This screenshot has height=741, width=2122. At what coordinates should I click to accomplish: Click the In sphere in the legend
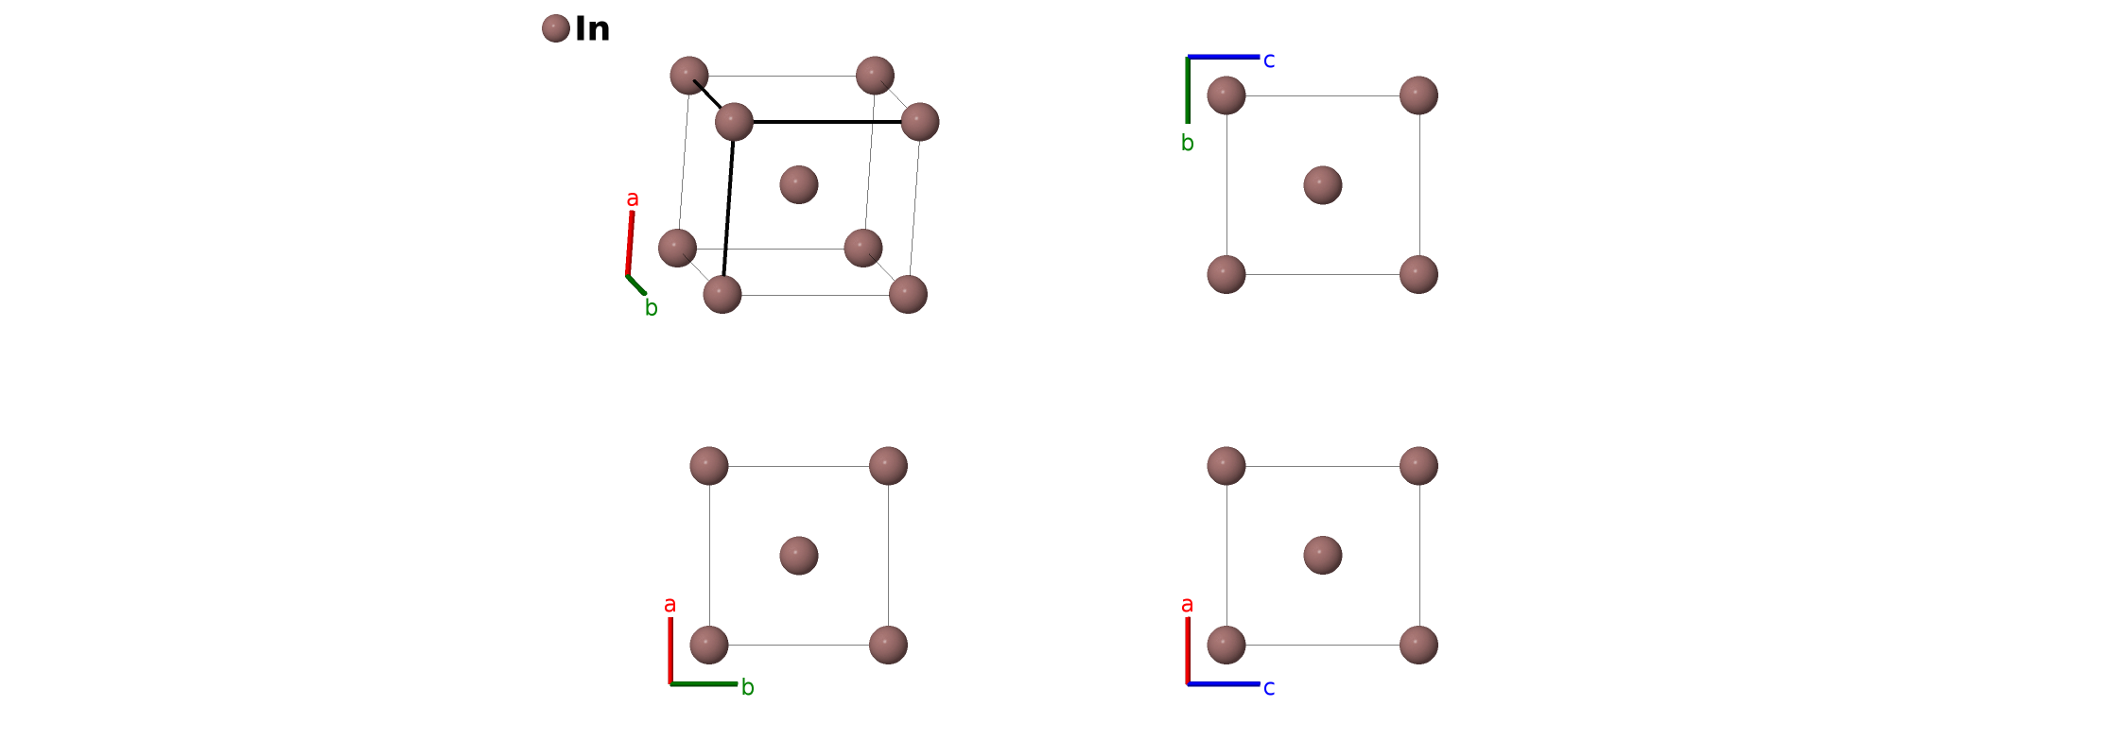(556, 28)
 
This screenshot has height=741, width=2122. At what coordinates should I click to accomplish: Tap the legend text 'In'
(592, 29)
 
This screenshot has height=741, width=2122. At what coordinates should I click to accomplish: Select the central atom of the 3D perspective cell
(799, 184)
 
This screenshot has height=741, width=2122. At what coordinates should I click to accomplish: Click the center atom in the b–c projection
(1323, 185)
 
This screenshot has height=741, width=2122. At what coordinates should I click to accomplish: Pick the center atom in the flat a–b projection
(799, 556)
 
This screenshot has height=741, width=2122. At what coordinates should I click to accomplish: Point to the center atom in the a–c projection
(1323, 556)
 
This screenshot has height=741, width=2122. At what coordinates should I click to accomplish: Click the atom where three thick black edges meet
(734, 122)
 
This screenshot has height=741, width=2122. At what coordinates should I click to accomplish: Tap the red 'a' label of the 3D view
(633, 199)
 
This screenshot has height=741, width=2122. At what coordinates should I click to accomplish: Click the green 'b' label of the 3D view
(652, 308)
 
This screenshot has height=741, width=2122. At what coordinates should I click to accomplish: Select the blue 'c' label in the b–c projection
(1269, 60)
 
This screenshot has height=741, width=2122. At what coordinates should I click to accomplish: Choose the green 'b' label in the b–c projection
(1188, 144)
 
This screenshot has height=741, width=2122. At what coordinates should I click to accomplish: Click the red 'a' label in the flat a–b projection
(670, 605)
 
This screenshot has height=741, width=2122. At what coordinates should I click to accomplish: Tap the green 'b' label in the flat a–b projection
(748, 687)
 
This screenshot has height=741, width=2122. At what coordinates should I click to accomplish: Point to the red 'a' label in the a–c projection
(1188, 605)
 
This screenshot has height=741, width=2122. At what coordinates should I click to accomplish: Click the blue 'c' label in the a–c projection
(1269, 688)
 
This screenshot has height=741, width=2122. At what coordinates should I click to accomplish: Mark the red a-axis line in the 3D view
(630, 244)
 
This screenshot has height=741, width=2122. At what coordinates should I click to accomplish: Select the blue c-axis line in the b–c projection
(1224, 57)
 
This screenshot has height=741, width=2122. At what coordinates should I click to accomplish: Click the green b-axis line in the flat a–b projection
(704, 683)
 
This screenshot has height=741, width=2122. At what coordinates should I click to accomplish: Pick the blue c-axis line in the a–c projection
(1224, 683)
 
